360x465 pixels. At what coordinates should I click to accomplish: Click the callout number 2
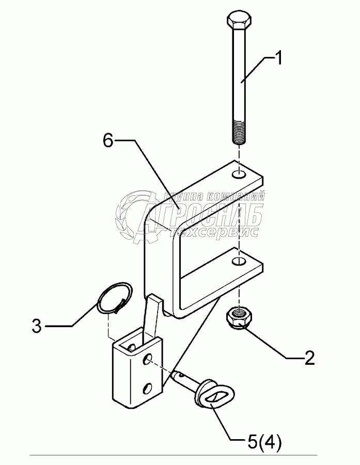click(x=309, y=358)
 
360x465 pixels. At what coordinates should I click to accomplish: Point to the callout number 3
click(x=37, y=326)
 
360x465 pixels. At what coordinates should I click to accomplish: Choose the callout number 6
click(x=108, y=141)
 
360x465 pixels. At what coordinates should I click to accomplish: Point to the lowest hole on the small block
click(x=148, y=388)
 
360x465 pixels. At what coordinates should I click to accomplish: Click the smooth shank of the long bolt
click(x=239, y=78)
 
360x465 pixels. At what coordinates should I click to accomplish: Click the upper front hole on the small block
click(x=149, y=358)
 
